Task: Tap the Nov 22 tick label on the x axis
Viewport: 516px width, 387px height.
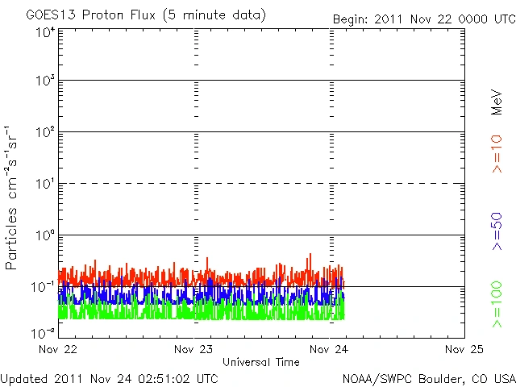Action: click(59, 349)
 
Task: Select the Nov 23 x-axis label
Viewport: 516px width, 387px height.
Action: click(193, 349)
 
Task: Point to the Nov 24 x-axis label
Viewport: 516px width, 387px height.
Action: click(329, 349)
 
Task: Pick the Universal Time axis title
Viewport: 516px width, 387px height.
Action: click(261, 362)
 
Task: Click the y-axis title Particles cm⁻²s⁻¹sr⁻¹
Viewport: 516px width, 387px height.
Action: click(11, 198)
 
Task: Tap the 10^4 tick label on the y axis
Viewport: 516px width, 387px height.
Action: click(44, 31)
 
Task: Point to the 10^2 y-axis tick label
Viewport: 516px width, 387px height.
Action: click(44, 134)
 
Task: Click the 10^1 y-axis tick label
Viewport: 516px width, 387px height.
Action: click(44, 185)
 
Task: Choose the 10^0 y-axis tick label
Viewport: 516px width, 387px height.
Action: click(44, 237)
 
